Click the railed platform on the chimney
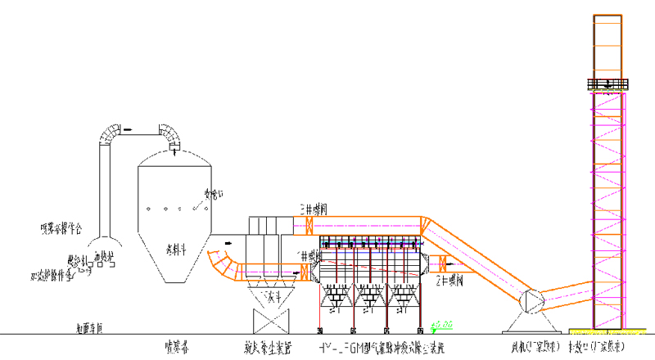click(606, 83)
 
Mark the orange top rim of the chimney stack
click(607, 16)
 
